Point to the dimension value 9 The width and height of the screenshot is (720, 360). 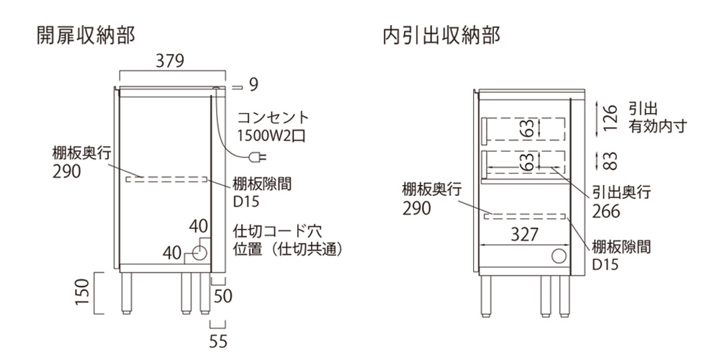coord(253,85)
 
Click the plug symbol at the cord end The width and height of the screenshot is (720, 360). coord(255,158)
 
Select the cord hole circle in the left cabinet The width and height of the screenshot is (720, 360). coord(199,252)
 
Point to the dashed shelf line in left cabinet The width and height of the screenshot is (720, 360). coord(166,179)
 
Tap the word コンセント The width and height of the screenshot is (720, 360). coord(272,117)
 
